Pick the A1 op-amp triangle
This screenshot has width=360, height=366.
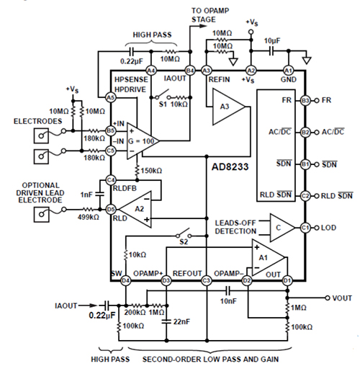264,257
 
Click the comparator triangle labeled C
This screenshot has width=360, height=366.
282,228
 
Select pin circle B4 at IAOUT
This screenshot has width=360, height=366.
189,70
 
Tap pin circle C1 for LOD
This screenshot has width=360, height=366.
305,228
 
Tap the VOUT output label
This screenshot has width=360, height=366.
341,297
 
